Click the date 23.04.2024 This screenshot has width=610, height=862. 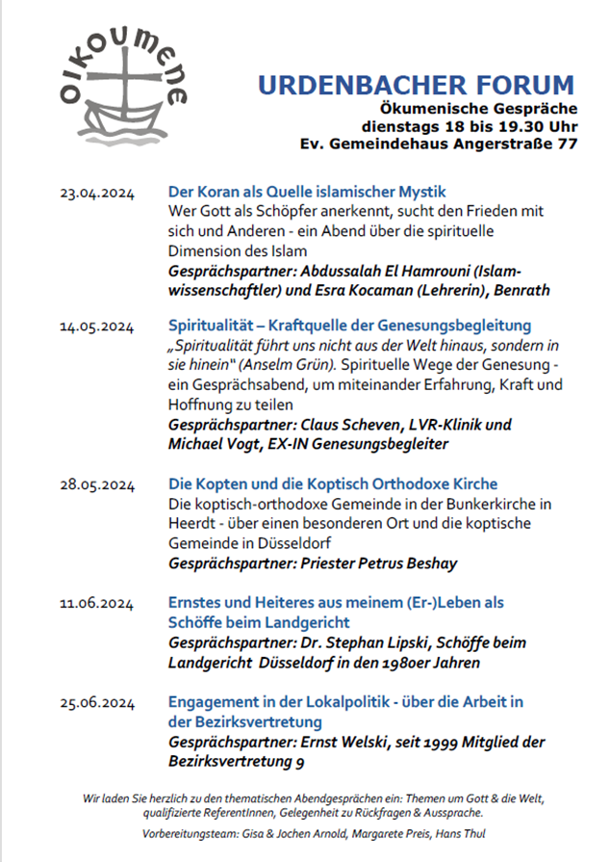(x=96, y=193)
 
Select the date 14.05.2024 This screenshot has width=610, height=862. (x=96, y=327)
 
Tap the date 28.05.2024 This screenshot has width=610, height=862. (x=96, y=483)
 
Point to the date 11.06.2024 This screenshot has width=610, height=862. (x=96, y=604)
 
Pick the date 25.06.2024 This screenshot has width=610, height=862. (x=96, y=703)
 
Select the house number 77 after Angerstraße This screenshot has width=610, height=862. (x=567, y=144)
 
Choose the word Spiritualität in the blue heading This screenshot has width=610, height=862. (x=213, y=326)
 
